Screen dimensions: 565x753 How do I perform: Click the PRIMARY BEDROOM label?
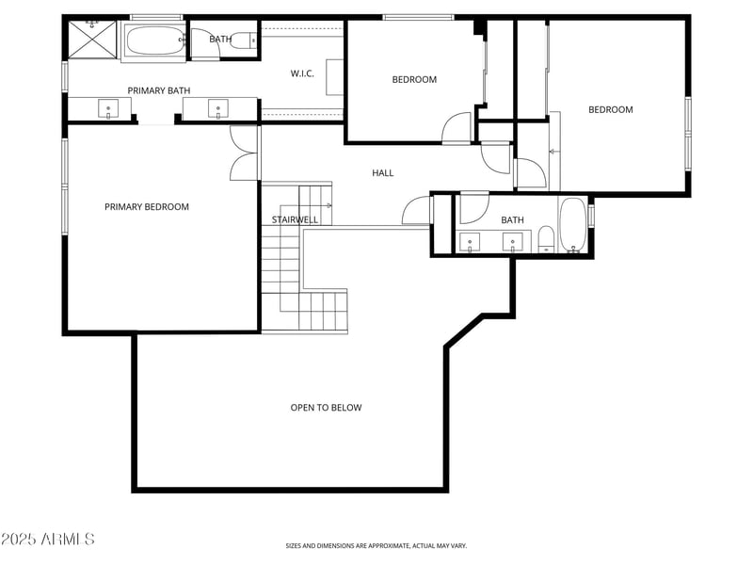[146, 207]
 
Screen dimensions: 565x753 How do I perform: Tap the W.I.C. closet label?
[302, 73]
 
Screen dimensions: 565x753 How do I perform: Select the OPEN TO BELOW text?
[326, 408]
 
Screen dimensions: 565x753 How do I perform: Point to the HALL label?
[382, 173]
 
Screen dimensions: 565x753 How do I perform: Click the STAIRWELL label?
[295, 219]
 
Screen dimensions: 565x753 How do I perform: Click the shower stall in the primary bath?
[91, 40]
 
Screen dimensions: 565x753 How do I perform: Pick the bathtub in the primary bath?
[154, 41]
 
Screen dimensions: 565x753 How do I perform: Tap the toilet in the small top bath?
[244, 40]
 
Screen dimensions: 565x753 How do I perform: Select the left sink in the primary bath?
[108, 109]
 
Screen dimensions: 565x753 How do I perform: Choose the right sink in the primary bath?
[218, 109]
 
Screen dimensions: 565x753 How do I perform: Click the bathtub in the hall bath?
[572, 227]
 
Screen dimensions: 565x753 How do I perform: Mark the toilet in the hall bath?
[545, 239]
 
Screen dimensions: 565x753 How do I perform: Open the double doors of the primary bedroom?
[243, 153]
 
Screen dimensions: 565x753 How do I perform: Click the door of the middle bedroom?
[457, 128]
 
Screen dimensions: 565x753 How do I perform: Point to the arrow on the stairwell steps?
[328, 204]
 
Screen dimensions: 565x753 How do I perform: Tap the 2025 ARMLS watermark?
[47, 540]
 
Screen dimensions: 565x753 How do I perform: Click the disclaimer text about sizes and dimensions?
[376, 545]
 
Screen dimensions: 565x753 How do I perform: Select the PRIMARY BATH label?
[159, 90]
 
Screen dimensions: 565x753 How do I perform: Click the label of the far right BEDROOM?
[610, 110]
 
